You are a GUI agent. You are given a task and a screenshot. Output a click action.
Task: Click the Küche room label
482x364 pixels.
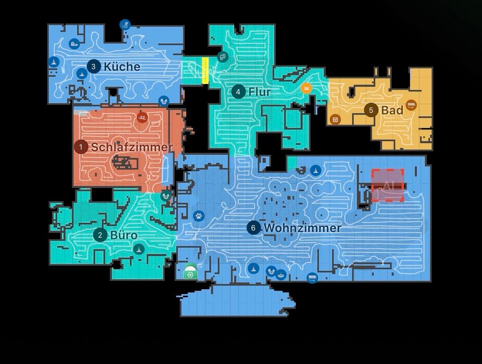[122, 66]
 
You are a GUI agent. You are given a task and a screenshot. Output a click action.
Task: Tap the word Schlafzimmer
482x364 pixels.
[132, 147]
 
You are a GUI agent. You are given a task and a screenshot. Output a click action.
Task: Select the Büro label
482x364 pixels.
[124, 235]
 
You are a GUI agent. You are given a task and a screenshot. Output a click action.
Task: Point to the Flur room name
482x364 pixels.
[260, 92]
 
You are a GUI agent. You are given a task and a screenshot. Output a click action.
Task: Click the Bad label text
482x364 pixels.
[392, 110]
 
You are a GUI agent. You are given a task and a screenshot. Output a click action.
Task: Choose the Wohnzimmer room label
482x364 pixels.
[302, 228]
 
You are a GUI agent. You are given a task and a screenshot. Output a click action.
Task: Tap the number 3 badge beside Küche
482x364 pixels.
[93, 66]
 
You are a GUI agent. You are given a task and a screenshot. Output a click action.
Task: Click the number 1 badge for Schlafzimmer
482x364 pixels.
[80, 147]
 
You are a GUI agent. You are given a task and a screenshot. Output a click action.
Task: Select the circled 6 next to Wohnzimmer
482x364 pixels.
[254, 228]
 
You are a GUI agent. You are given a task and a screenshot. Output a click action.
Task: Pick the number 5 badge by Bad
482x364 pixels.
[371, 110]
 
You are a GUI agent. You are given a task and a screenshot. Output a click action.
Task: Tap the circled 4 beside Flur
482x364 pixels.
[238, 92]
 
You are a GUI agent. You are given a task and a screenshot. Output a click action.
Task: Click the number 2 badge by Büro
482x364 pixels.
[100, 235]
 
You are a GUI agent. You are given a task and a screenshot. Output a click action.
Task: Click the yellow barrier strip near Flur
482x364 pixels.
[205, 70]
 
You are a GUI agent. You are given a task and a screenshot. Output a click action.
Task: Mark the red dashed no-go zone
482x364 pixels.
[388, 186]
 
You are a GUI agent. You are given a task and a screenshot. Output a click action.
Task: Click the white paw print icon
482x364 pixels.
[199, 216]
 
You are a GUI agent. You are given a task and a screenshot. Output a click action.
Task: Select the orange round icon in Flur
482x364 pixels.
[306, 88]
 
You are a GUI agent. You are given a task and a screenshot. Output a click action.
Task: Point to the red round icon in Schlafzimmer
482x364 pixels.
[142, 118]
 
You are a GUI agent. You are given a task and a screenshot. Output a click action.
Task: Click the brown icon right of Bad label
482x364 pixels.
[412, 105]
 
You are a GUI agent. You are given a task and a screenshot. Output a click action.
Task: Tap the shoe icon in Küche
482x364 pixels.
[74, 44]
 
